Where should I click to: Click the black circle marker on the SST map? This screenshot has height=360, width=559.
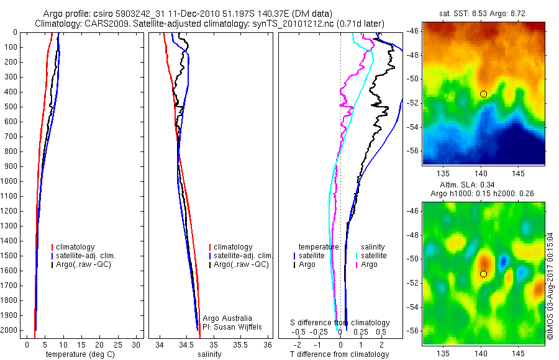pos(483,94)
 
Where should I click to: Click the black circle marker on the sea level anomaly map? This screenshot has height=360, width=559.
pos(483,274)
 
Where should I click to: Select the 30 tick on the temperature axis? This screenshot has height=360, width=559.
pos(135,344)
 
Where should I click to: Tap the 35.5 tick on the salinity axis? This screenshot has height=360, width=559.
pos(240,344)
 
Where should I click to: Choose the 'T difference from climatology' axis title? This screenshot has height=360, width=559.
pos(339,354)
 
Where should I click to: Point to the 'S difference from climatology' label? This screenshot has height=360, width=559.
pos(340,323)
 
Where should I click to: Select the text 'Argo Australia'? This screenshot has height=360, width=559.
pos(227,318)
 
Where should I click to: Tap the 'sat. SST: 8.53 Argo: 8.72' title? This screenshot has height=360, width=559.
pos(484,13)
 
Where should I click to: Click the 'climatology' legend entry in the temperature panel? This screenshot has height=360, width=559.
pos(77,247)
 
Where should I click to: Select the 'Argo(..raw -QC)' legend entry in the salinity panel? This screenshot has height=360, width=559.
pos(241,264)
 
